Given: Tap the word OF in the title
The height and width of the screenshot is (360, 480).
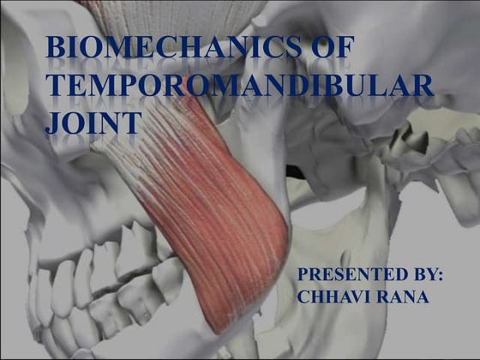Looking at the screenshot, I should point(331,50).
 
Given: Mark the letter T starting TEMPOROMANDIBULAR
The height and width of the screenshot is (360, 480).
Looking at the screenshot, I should point(57,86).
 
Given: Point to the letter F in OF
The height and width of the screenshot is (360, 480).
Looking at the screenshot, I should point(343,50).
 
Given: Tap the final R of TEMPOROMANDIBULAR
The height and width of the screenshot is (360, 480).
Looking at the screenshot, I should point(423,86).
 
